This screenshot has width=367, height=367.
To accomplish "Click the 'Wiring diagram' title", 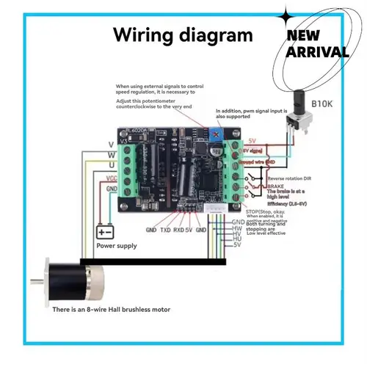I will click(182, 35).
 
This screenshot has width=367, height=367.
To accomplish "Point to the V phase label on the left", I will click(110, 144).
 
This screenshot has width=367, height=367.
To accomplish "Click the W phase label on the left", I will click(110, 155).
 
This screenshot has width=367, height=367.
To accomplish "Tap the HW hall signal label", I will click(238, 227).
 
